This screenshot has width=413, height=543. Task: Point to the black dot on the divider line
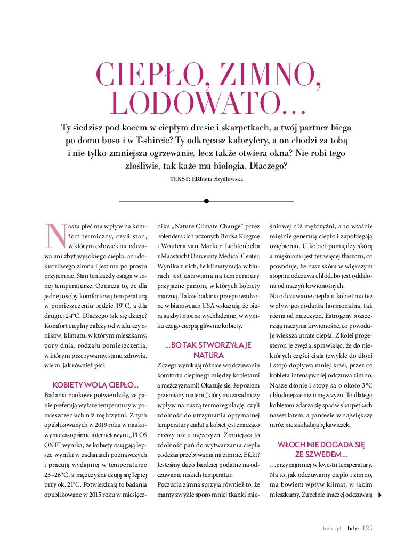click(206, 201)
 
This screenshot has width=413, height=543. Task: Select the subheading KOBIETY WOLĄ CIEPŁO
click(96, 384)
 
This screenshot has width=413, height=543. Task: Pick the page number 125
click(367, 528)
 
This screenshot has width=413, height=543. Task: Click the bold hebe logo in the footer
click(351, 528)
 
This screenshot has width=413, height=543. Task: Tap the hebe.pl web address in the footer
click(331, 528)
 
